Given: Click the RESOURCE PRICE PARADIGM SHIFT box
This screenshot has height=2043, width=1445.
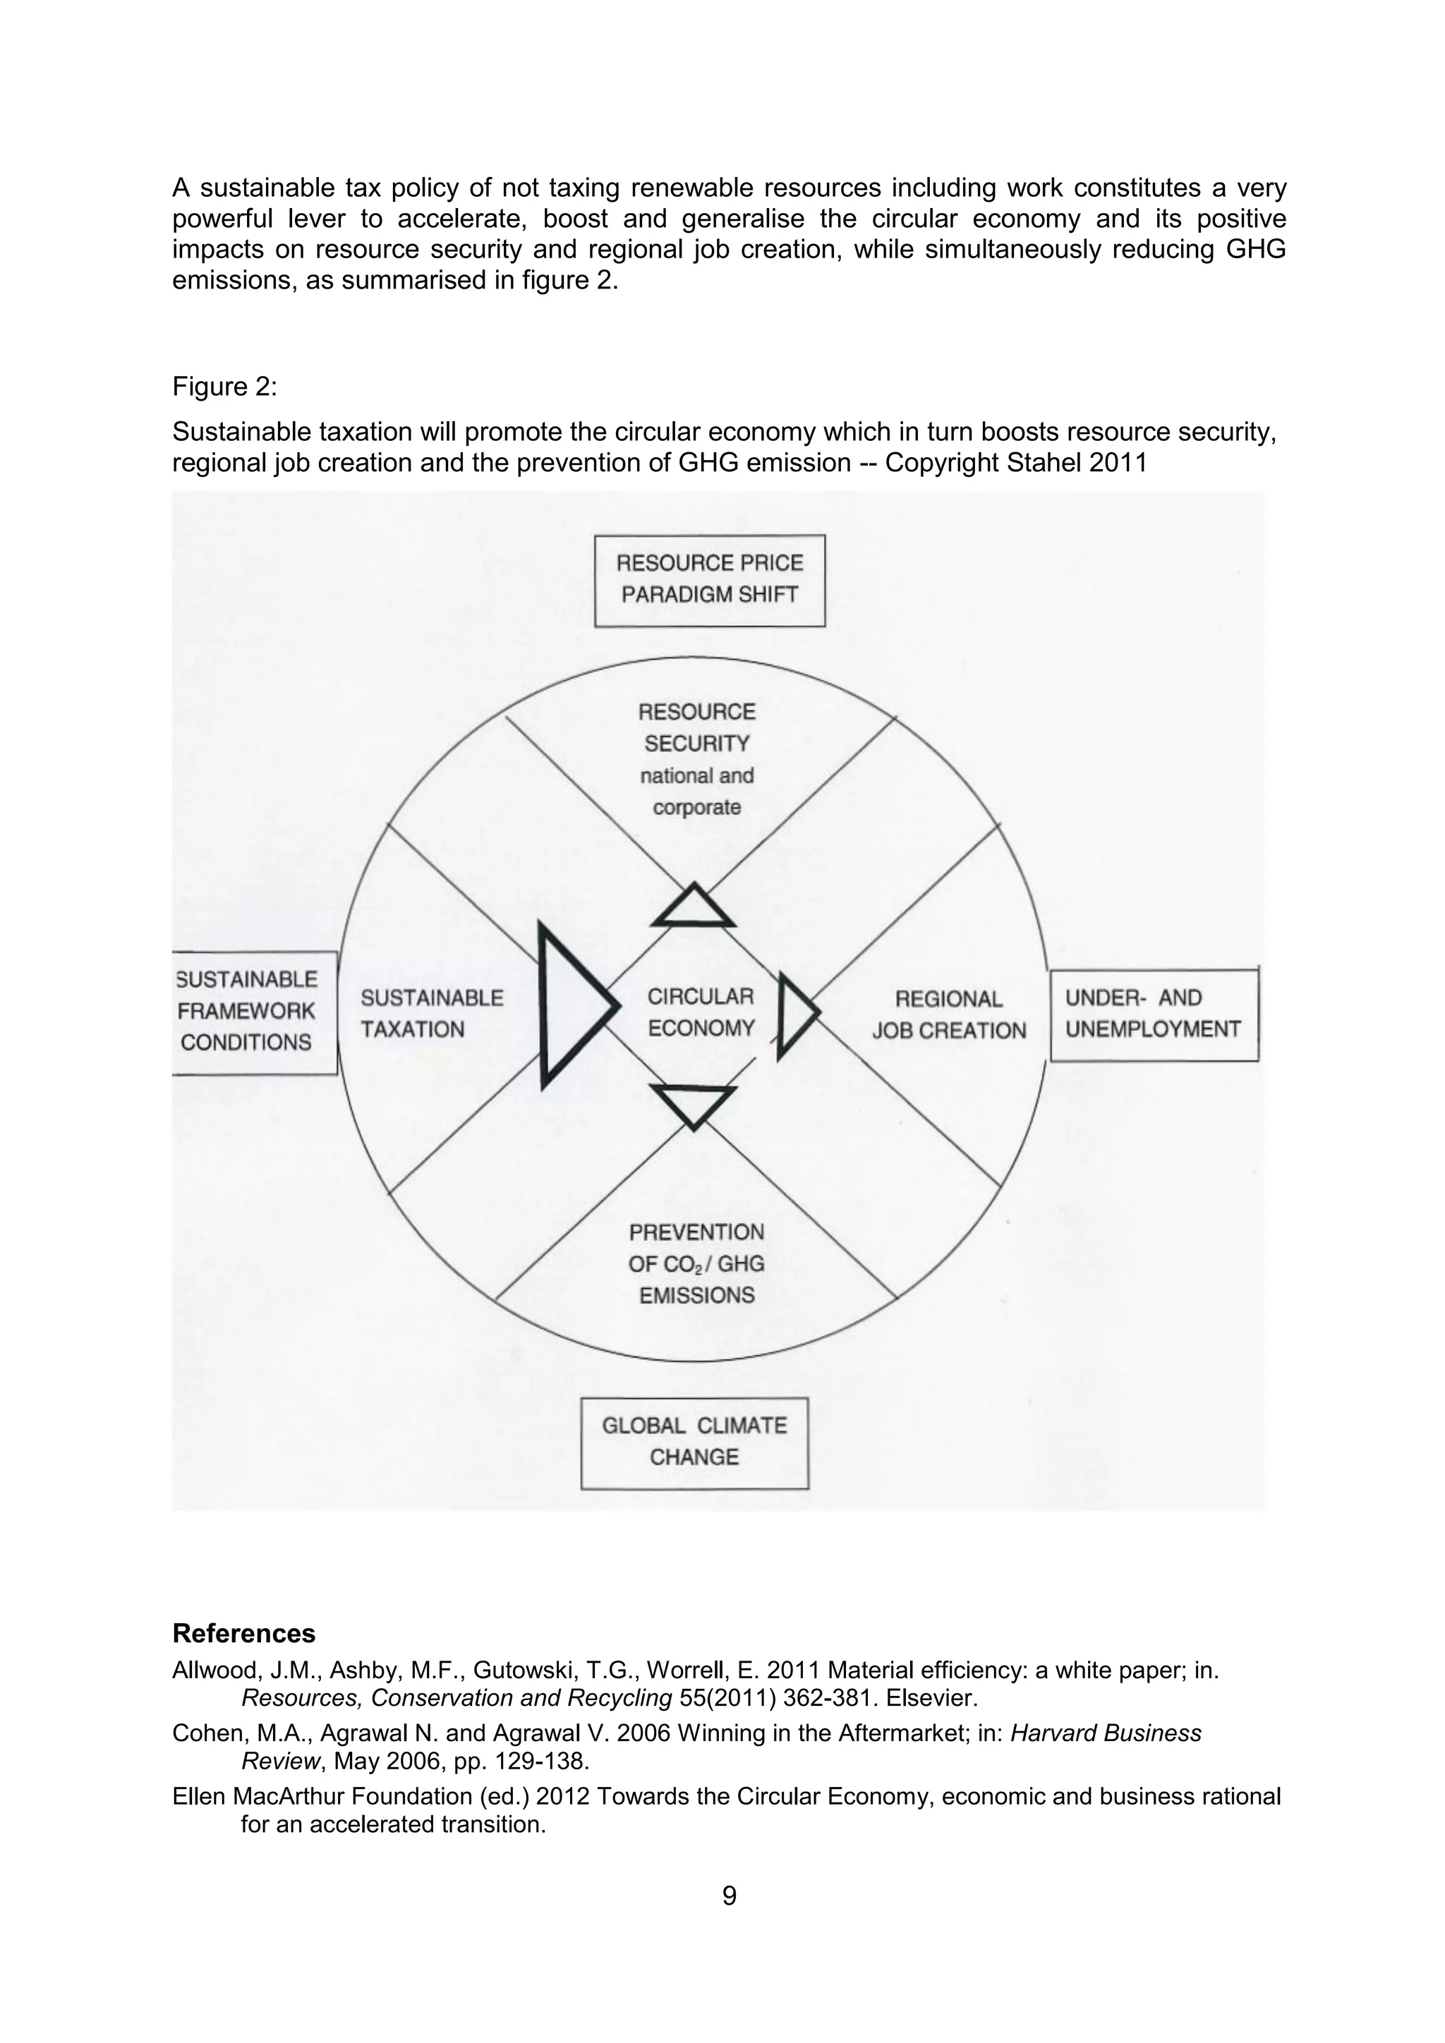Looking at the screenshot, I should [709, 580].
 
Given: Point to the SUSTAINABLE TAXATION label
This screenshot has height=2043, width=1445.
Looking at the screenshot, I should [432, 1014].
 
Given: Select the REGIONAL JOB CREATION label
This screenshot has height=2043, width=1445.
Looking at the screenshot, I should [948, 1015].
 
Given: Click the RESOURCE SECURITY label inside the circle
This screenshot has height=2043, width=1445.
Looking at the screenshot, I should [696, 728].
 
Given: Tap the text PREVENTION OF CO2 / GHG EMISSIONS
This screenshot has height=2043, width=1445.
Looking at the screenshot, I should [696, 1263].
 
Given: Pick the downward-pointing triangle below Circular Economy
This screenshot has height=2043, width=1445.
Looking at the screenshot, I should [693, 1103].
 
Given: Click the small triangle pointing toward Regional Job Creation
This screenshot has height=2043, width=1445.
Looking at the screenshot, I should [794, 1014].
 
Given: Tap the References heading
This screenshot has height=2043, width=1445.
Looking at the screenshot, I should [244, 1634].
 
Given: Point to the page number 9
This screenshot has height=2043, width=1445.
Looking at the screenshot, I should [729, 1896].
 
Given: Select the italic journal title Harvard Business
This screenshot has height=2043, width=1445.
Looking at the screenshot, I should [1106, 1733].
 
